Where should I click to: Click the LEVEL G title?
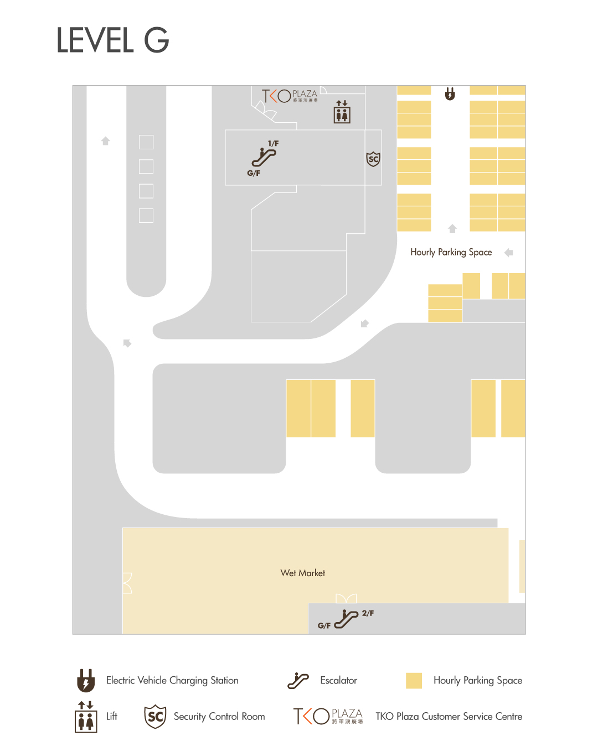112,40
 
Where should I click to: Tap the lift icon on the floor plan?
342,112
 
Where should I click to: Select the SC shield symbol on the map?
374,159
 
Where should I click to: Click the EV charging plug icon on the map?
450,94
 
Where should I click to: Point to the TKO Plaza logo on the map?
290,96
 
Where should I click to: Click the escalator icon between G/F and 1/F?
264,157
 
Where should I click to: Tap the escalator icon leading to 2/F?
346,619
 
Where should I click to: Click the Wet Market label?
303,573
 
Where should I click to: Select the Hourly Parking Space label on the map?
451,252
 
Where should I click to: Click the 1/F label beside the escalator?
274,144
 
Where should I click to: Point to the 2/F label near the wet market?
368,613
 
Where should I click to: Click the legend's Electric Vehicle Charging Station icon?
86,681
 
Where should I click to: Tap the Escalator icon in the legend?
298,681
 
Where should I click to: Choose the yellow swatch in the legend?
414,681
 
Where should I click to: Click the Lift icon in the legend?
86,717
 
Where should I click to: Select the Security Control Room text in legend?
219,717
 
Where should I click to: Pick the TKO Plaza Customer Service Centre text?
448,717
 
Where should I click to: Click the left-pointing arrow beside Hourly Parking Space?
509,253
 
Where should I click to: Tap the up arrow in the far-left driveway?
106,141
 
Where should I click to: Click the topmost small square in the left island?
146,142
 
